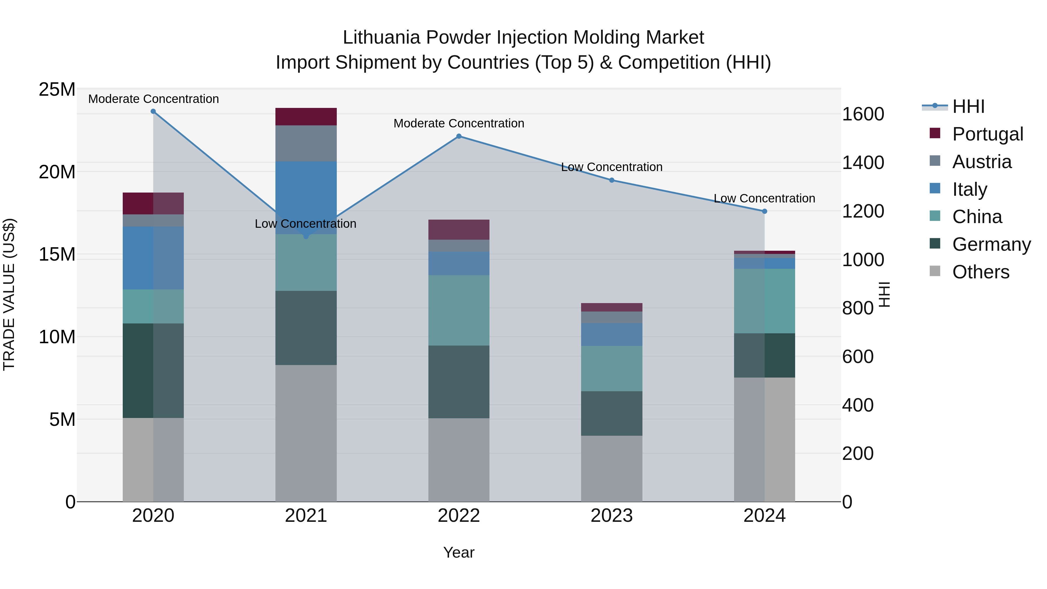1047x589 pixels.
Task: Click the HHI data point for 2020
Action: pos(153,111)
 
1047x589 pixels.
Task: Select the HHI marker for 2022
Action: pos(459,136)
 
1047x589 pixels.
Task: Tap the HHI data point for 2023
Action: pos(612,180)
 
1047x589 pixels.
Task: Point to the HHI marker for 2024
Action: pos(765,211)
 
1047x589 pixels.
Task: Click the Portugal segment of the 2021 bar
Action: pos(306,117)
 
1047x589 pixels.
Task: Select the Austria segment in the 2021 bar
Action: pos(306,143)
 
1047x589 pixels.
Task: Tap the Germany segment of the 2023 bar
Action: pos(612,413)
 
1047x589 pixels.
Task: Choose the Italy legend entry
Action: pos(969,189)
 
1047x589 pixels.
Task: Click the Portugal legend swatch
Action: pos(935,133)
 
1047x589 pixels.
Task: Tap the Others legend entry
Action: pos(980,272)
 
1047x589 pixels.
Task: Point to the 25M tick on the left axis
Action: pos(57,89)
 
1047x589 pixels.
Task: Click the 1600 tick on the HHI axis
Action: pos(863,114)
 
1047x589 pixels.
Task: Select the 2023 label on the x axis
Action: pos(612,516)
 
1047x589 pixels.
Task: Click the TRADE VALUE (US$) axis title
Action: pos(9,294)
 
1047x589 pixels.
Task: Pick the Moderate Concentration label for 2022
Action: pos(459,123)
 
